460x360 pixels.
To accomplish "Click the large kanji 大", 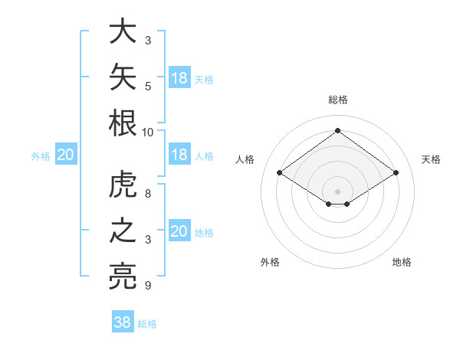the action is (x=123, y=31).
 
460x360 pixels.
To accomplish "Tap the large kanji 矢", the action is (x=123, y=77).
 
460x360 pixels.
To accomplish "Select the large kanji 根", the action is (x=123, y=123).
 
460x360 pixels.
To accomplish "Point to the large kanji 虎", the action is (x=123, y=184).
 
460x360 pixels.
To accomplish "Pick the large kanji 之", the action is (x=123, y=230).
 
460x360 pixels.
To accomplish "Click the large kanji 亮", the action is (x=123, y=277).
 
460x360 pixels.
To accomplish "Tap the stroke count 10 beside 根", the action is (x=147, y=133).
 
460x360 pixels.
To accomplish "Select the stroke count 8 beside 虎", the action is (x=148, y=194).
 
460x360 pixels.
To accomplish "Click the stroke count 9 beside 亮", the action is (x=148, y=285).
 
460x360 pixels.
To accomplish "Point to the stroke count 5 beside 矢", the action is (x=148, y=87).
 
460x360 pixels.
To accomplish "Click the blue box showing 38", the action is (x=123, y=321).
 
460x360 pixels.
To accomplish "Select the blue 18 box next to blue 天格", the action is (x=179, y=77).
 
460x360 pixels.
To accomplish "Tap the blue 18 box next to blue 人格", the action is (x=179, y=154).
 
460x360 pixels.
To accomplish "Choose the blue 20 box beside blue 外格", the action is (x=66, y=154).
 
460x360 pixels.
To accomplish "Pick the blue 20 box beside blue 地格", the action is (x=179, y=230).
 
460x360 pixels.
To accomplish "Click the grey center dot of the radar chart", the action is (x=337, y=191).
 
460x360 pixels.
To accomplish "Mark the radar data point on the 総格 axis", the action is (x=337, y=130).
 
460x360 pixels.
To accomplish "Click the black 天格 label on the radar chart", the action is (x=431, y=159).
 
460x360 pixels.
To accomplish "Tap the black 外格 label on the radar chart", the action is (x=270, y=262).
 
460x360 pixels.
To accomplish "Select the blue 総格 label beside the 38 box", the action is (x=147, y=324).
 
